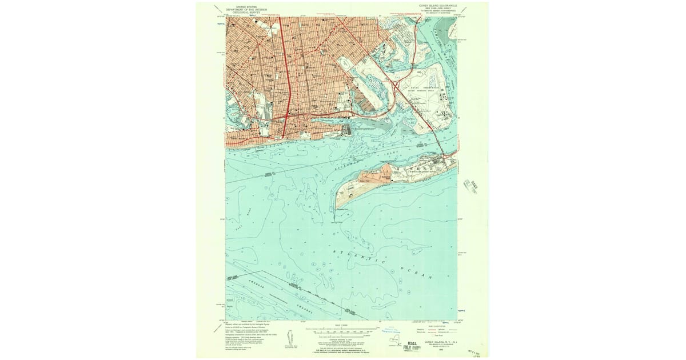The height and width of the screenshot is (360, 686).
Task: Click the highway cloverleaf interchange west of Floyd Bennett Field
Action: pyautogui.click(x=395, y=85)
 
